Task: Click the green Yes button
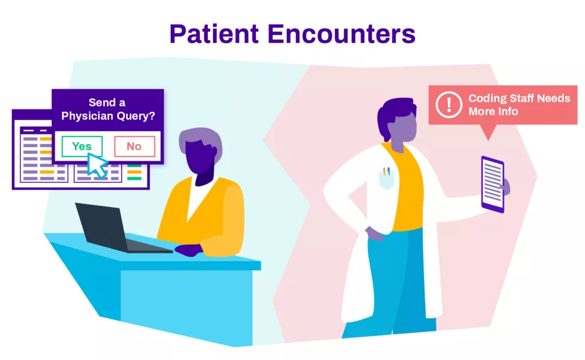tap(82, 146)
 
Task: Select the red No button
tap(134, 146)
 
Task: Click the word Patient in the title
tap(214, 34)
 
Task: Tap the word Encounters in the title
tap(342, 34)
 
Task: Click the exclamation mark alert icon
tap(449, 105)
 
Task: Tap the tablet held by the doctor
tap(493, 185)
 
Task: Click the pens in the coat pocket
tap(386, 171)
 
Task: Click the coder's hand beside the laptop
tap(189, 250)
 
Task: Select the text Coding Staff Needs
tap(519, 98)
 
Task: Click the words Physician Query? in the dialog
tap(108, 116)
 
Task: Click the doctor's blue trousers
tap(395, 283)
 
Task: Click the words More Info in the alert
tap(493, 111)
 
